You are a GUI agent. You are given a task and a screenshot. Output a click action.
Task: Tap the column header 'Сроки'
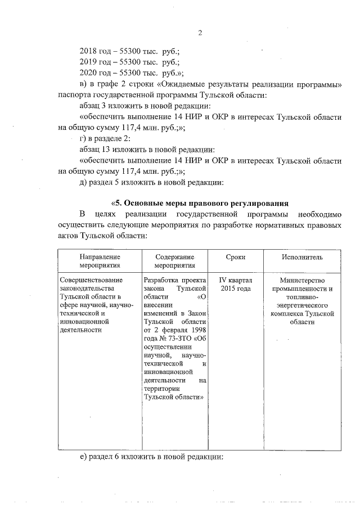click(235, 257)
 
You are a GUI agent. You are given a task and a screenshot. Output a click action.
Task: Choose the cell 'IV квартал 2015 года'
click(235, 284)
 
